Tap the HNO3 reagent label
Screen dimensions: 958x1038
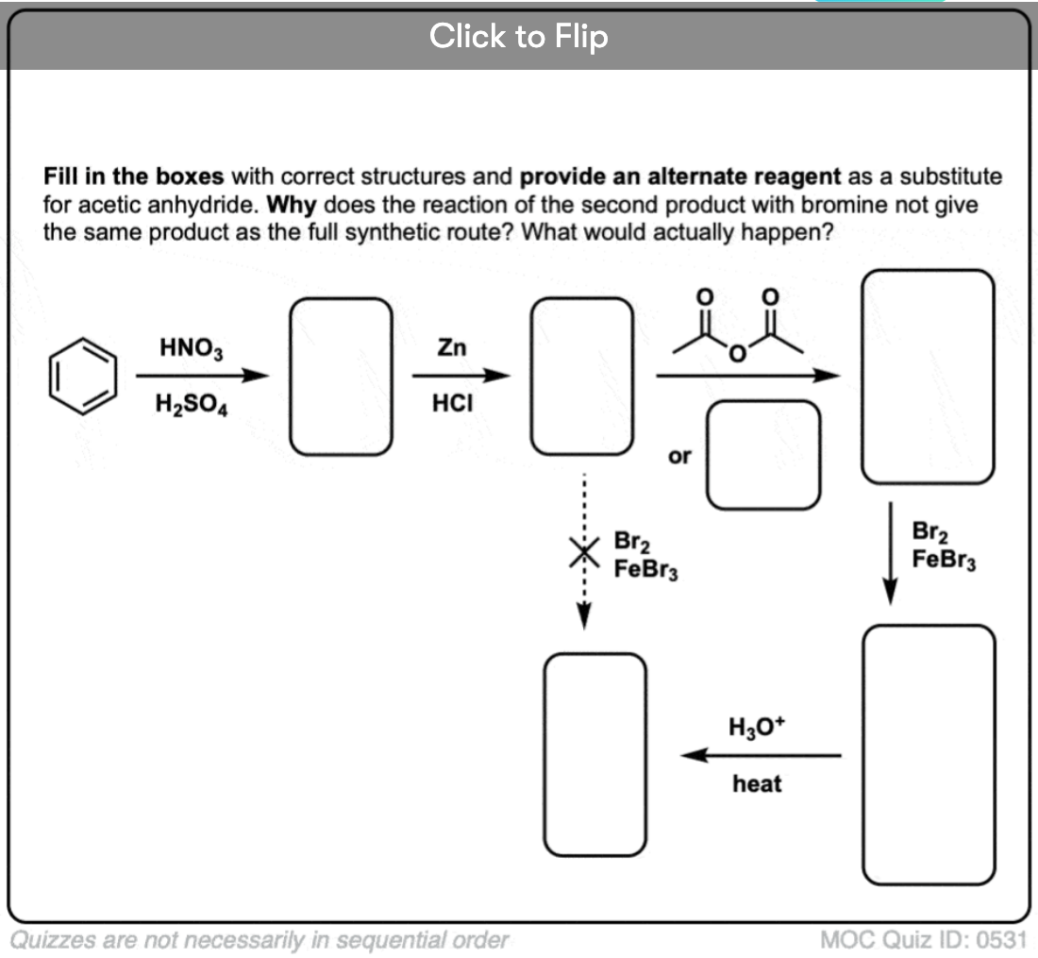pyautogui.click(x=191, y=347)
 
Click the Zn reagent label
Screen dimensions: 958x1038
pyautogui.click(x=451, y=347)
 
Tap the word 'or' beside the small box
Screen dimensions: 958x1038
pyautogui.click(x=678, y=456)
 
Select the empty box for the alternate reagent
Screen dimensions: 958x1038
pyautogui.click(x=764, y=455)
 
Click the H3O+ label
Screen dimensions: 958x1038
pyautogui.click(x=756, y=727)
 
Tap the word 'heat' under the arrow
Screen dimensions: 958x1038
pyautogui.click(x=757, y=784)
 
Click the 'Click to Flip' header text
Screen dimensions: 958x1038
pyautogui.click(x=518, y=37)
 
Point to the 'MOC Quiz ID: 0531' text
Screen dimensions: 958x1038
pyautogui.click(x=923, y=940)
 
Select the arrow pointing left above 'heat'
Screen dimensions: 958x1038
pyautogui.click(x=760, y=755)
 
